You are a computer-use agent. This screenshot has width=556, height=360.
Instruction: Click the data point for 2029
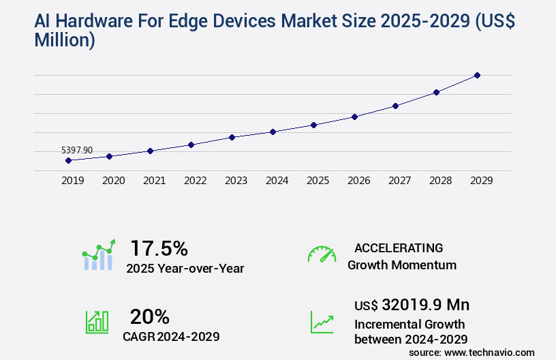(x=477, y=75)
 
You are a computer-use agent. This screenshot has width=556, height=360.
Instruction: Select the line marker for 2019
(x=68, y=160)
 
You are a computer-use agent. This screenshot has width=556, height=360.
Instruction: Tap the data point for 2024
(x=273, y=132)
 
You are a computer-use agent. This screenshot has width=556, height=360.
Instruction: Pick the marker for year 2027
(x=395, y=106)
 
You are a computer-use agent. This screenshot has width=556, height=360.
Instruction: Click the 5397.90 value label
(x=77, y=150)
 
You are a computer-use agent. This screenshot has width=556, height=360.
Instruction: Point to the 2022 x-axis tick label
(x=195, y=181)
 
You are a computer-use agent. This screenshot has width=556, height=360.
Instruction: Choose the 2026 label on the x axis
(x=358, y=181)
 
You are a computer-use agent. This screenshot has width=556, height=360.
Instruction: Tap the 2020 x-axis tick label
(x=113, y=181)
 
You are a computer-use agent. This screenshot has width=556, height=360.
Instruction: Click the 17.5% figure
(x=159, y=248)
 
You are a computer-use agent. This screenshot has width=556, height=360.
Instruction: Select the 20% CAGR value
(x=149, y=316)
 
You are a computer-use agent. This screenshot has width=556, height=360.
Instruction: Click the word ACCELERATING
(x=399, y=248)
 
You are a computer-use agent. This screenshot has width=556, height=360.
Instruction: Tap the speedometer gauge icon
(x=322, y=254)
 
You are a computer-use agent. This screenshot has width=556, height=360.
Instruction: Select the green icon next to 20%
(x=97, y=322)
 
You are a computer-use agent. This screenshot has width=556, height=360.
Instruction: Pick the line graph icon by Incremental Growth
(x=322, y=322)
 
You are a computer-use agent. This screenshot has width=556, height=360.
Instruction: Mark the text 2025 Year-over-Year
(x=185, y=269)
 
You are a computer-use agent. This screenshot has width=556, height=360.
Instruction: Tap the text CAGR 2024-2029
(x=171, y=337)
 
